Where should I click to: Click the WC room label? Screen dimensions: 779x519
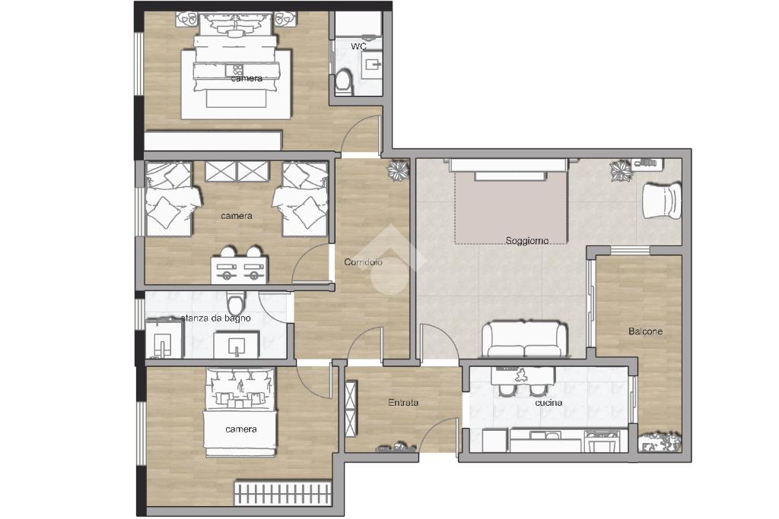[x=358, y=46]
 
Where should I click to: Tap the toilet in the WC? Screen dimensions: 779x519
[x=344, y=81]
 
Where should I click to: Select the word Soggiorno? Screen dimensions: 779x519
[x=527, y=241]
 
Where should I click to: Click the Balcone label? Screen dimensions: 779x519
[x=645, y=331]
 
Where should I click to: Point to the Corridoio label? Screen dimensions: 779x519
[x=363, y=261]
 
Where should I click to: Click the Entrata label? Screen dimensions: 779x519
[x=403, y=403]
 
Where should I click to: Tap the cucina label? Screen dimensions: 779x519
[x=548, y=403]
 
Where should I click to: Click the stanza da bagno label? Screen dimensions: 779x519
[x=215, y=318]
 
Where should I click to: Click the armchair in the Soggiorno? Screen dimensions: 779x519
[x=662, y=201]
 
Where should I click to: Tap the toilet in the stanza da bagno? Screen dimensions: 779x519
[x=236, y=301]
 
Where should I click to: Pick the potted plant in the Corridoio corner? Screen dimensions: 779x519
[x=398, y=170]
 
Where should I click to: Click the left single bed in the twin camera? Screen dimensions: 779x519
[x=169, y=199]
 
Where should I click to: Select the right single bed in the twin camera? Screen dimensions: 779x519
[x=301, y=199]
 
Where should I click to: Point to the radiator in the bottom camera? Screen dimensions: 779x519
[x=283, y=493]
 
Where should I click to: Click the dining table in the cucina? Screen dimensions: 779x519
[x=523, y=376]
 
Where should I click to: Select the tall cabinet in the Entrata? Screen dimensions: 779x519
[x=351, y=409]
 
